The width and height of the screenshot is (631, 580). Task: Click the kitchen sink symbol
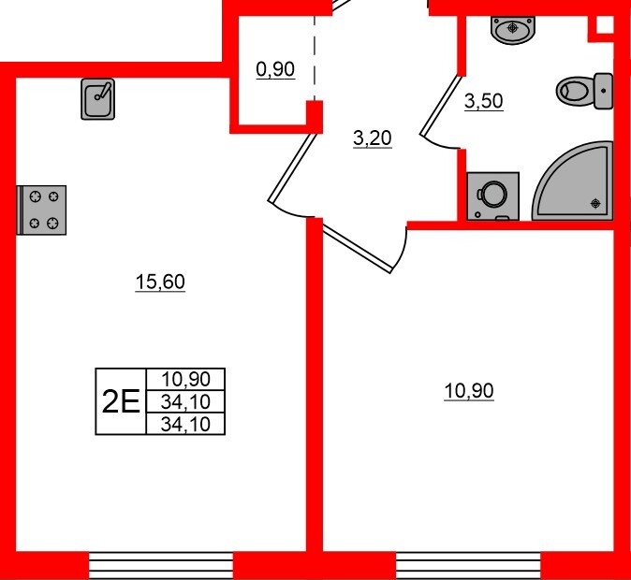tap(98, 99)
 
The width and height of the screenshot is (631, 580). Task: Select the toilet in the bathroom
tap(584, 91)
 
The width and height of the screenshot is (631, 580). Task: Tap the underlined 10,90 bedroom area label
tap(468, 391)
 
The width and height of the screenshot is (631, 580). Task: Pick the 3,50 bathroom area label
tap(484, 102)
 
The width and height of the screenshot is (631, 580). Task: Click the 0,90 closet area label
tap(275, 68)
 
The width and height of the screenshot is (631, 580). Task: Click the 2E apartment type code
tap(120, 401)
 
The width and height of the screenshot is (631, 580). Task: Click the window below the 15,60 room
tap(160, 565)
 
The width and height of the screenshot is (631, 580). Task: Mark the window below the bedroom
tap(468, 565)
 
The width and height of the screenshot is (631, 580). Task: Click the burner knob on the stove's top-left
tap(36, 196)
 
